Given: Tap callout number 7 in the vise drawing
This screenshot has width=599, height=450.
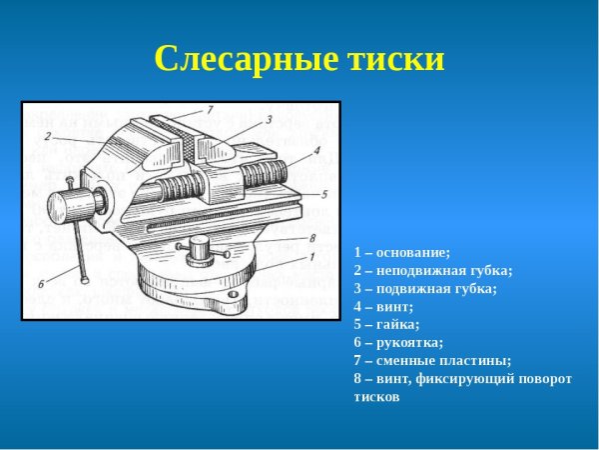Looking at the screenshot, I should pos(211,108).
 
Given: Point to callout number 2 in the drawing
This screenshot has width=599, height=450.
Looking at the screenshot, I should pos(47,135).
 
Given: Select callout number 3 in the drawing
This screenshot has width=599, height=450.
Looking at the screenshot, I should pos(269,120).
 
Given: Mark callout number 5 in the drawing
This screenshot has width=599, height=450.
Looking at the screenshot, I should pos(325,192).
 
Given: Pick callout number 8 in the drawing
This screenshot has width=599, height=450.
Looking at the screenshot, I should pos(312,238).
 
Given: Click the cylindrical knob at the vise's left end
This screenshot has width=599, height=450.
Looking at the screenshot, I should pos(71,205).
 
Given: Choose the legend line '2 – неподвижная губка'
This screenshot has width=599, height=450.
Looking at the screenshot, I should pos(432,270).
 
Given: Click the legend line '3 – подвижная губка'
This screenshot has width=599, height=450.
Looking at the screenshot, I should pos(424,288).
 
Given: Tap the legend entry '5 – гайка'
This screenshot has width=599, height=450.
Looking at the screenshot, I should pos(386,324).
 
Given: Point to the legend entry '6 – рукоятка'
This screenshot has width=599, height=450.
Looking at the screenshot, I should pos(398,342).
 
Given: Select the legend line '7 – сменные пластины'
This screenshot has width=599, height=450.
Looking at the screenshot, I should pos(432,360).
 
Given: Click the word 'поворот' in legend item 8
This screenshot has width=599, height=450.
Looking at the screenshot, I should pos(543,378).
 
